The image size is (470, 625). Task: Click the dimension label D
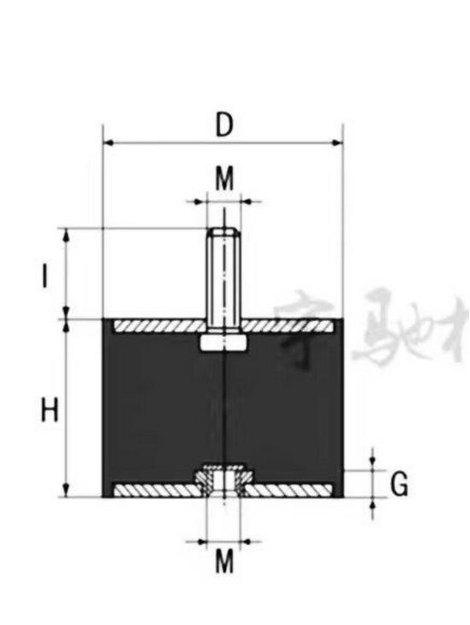[x=223, y=125]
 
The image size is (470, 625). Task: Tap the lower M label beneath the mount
[x=223, y=561]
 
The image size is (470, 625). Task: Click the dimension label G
[x=398, y=485]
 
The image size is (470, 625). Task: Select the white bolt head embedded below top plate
[x=223, y=342]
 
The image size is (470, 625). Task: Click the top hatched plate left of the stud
[x=157, y=326]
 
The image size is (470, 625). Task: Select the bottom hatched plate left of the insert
[x=154, y=490]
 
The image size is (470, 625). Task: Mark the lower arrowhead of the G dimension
[x=373, y=502]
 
